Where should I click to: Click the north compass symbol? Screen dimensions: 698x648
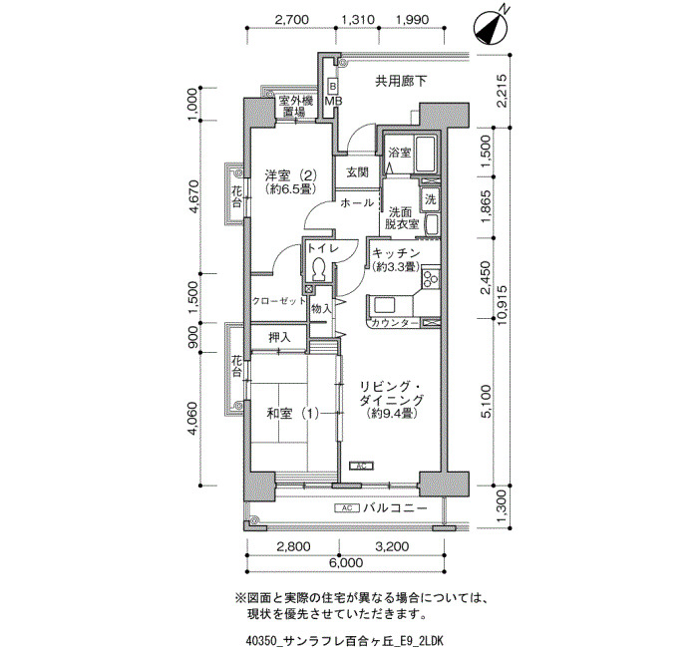(x=492, y=28)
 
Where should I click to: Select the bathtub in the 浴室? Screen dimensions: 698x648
(x=426, y=154)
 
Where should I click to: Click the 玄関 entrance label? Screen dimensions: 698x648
(x=358, y=171)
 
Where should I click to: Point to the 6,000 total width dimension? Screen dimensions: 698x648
(x=346, y=563)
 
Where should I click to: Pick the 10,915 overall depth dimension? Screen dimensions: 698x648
(x=503, y=305)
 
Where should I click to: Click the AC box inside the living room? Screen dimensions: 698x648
(x=361, y=466)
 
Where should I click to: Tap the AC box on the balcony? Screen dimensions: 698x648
(x=347, y=507)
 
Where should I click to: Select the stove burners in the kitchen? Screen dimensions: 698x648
(x=431, y=278)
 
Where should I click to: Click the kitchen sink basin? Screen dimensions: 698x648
(x=385, y=306)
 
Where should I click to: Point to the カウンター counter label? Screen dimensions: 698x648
(x=394, y=323)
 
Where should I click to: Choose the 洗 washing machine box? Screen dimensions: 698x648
(x=430, y=199)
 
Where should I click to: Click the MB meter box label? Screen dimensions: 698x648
(x=333, y=101)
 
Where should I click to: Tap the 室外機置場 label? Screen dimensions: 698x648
(x=296, y=106)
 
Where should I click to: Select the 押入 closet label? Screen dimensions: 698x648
(x=279, y=337)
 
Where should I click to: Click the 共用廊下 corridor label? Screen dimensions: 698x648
(x=401, y=81)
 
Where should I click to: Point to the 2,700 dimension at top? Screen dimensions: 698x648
(x=291, y=19)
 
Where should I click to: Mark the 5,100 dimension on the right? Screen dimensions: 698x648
(x=487, y=402)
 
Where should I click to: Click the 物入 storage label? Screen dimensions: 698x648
(x=321, y=308)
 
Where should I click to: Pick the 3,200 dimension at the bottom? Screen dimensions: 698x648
(x=392, y=545)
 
